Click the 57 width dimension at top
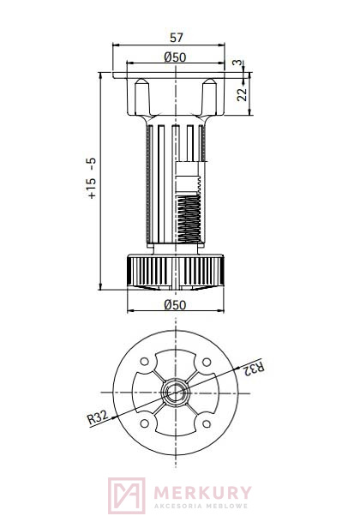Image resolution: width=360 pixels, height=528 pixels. click(x=176, y=38)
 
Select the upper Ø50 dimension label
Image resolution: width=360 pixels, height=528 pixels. click(x=175, y=57)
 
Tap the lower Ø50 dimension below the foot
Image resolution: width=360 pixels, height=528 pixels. click(x=175, y=305)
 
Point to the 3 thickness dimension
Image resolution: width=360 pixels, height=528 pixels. click(x=237, y=63)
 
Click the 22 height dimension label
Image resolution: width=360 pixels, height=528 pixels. click(x=242, y=94)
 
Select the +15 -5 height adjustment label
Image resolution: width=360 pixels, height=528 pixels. click(x=91, y=178)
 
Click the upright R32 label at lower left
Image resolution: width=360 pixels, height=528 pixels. click(x=98, y=417)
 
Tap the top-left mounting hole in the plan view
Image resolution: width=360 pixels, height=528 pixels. click(x=145, y=362)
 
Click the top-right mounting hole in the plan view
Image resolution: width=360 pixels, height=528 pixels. click(x=207, y=362)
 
